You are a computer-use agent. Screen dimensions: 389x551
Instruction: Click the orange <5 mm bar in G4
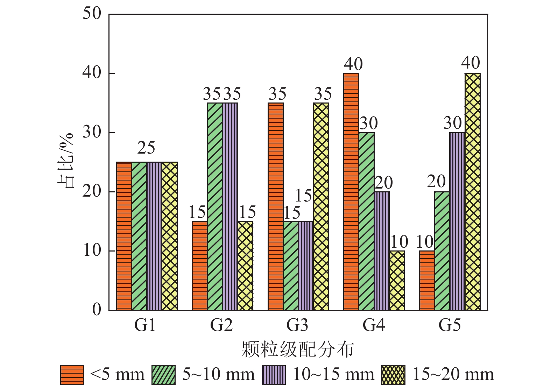[x=351, y=192]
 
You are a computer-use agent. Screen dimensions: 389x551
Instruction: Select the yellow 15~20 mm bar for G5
[x=473, y=192]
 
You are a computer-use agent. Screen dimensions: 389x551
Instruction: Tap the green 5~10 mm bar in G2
[x=215, y=206]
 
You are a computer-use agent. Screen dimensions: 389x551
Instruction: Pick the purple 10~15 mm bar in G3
[x=306, y=266]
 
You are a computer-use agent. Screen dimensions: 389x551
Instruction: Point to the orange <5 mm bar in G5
[x=427, y=281]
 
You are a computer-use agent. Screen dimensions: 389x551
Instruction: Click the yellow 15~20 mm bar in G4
[x=397, y=281]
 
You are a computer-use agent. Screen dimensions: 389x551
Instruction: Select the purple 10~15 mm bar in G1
[x=154, y=236]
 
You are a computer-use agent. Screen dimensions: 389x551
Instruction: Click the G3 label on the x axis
[x=297, y=325]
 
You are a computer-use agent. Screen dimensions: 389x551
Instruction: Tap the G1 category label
[x=145, y=325]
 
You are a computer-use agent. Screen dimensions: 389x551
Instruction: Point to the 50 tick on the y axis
[x=92, y=14]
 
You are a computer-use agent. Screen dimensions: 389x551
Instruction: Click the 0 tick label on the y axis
[x=97, y=310]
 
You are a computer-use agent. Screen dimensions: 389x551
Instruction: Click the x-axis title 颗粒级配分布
[x=298, y=349]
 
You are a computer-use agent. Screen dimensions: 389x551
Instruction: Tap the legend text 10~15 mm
[x=333, y=374]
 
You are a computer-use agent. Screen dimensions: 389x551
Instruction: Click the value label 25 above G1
[x=146, y=148]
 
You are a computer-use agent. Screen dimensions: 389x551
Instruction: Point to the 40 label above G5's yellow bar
[x=471, y=63]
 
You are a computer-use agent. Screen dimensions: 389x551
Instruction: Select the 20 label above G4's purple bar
[x=384, y=183]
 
